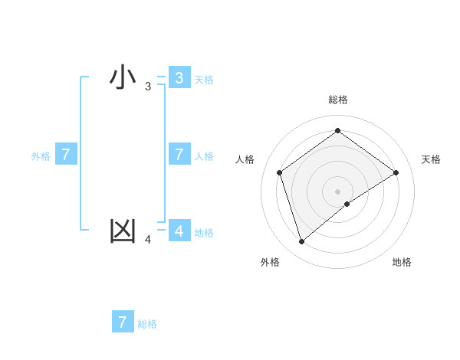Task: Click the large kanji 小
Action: pyautogui.click(x=123, y=77)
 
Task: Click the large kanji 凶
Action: pyautogui.click(x=123, y=231)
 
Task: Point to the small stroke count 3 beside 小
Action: pyautogui.click(x=148, y=87)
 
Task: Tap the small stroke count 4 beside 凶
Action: pyautogui.click(x=148, y=241)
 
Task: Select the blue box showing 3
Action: pyautogui.click(x=179, y=78)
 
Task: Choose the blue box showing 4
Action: pyautogui.click(x=179, y=231)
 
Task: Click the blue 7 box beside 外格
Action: pyautogui.click(x=66, y=155)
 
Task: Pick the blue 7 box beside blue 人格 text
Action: pyautogui.click(x=179, y=155)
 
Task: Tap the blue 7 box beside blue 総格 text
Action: pyautogui.click(x=123, y=322)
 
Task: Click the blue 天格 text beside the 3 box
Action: pyautogui.click(x=204, y=80)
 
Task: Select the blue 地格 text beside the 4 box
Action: pyautogui.click(x=204, y=233)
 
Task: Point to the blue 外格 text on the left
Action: pyautogui.click(x=41, y=156)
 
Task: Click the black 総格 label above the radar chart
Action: pyautogui.click(x=337, y=100)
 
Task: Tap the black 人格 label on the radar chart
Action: pyautogui.click(x=245, y=159)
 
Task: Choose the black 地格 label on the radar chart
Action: pyautogui.click(x=402, y=262)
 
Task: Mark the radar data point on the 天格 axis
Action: pyautogui.click(x=396, y=172)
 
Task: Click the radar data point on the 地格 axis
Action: pyautogui.click(x=347, y=204)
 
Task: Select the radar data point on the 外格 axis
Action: pyautogui.click(x=301, y=242)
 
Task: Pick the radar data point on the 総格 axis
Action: pyautogui.click(x=337, y=131)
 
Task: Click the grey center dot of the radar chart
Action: pyautogui.click(x=337, y=191)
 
